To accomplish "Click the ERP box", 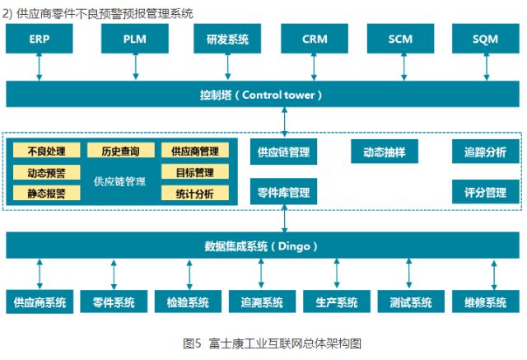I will point(39,39).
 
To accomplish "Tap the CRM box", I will point(315,39).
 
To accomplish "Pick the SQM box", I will point(486,39).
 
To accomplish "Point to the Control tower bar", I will point(263,94).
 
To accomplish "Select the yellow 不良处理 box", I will point(47,151).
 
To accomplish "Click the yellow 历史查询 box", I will point(120,151).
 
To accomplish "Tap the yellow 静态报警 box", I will point(47,193).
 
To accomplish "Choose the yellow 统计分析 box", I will point(194,193).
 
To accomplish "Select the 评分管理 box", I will point(486,193).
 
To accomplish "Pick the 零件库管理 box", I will point(283,193).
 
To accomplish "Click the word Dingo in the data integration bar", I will point(294,245).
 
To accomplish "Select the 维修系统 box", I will point(486,302).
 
